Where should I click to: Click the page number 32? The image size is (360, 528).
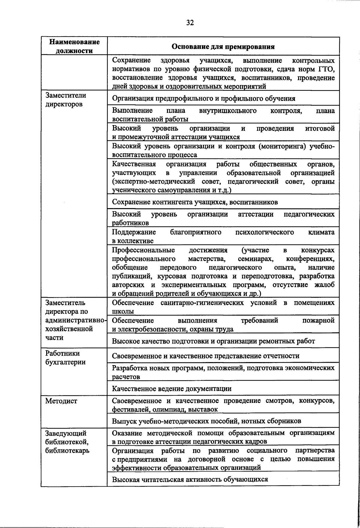190,23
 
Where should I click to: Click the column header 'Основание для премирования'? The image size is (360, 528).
223,46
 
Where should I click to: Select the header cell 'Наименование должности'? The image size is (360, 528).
74,46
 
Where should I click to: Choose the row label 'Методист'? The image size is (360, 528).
61,401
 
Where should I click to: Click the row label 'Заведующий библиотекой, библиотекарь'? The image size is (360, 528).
67,442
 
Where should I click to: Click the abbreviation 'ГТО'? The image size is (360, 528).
326,69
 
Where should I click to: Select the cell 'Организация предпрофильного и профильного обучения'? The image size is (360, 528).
203,98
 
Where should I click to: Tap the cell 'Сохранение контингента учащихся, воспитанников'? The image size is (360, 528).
195,202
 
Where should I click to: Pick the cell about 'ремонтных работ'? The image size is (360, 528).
213,341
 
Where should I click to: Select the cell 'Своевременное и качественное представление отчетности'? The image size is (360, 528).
205,356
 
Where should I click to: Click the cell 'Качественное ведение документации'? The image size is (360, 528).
172,389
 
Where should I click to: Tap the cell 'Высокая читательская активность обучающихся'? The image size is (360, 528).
190,479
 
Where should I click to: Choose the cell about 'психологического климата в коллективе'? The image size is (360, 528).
223,236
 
